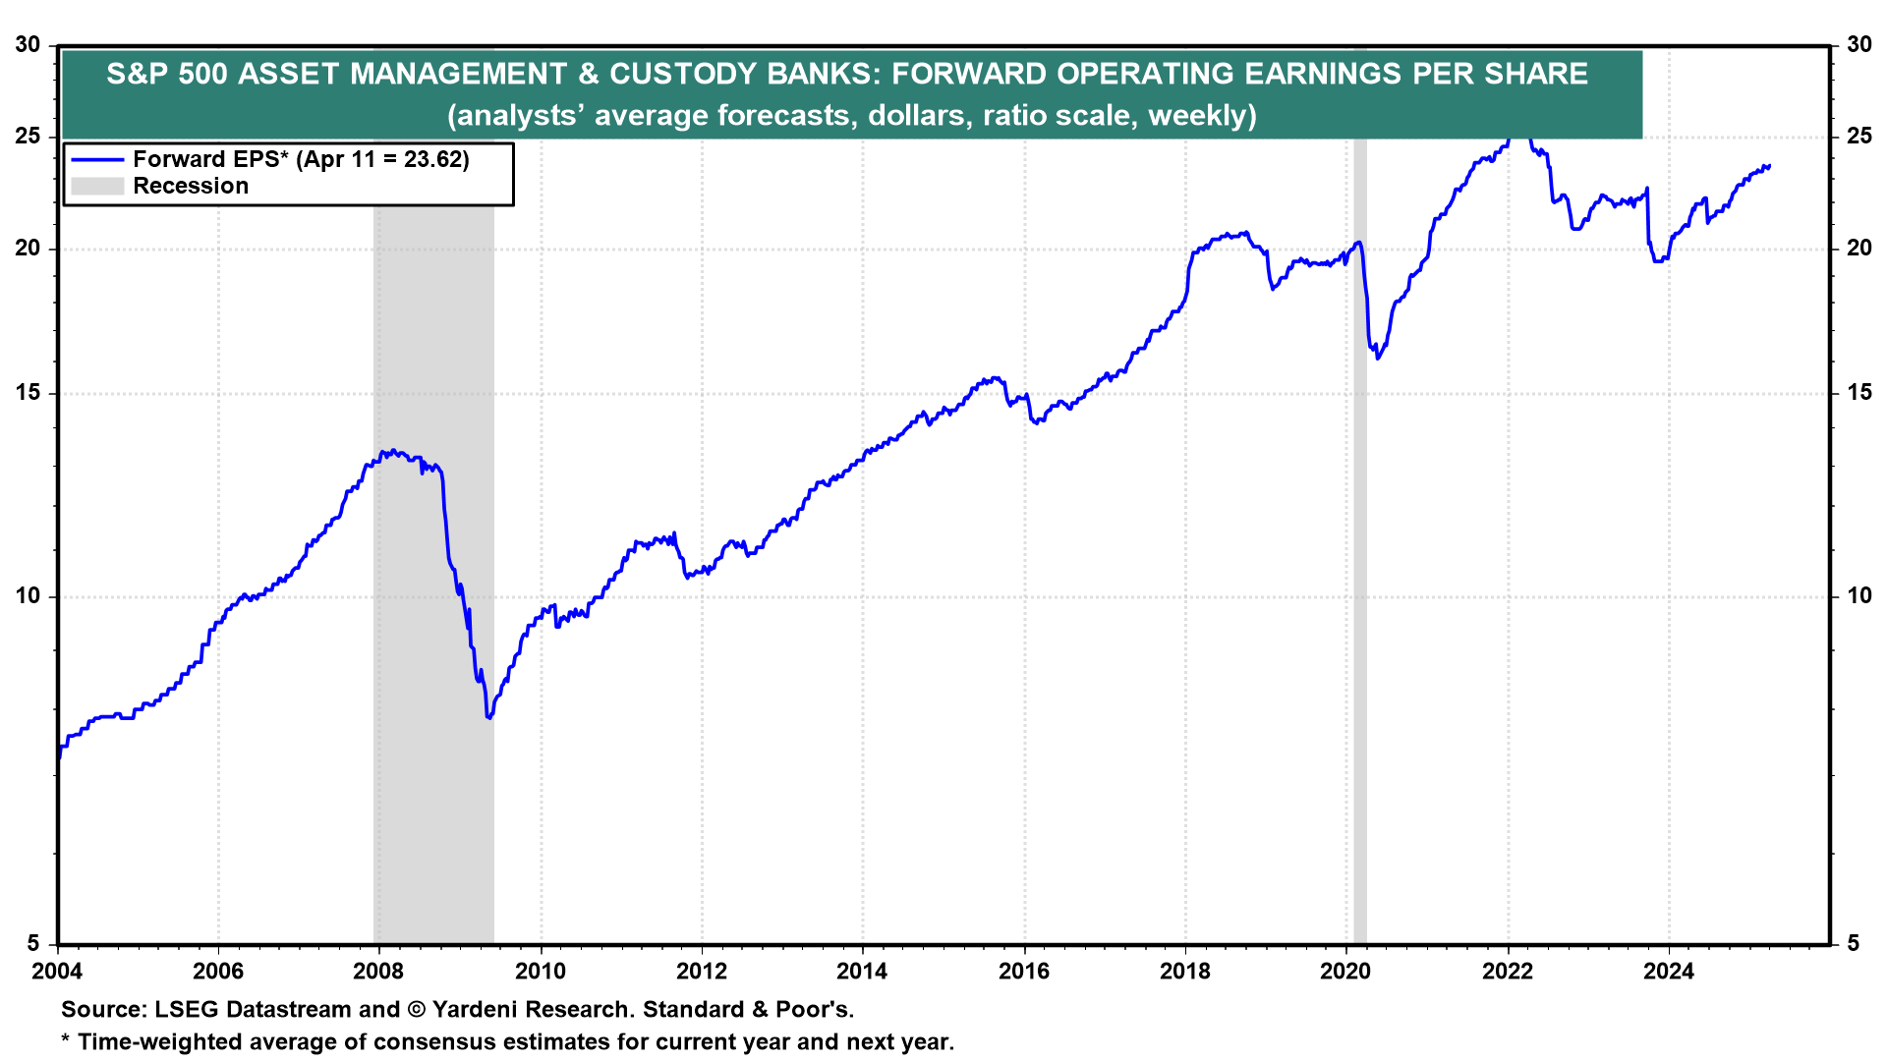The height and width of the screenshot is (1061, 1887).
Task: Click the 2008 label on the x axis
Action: coord(378,972)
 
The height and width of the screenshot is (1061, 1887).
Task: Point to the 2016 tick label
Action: coord(1024,972)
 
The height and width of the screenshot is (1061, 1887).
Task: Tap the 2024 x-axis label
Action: coord(1669,972)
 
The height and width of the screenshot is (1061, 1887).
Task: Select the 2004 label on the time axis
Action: coord(57,972)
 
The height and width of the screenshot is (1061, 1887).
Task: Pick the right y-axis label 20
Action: coord(1858,249)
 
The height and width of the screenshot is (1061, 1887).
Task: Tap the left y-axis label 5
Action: coord(33,943)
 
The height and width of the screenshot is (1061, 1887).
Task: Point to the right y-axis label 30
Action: coord(1858,44)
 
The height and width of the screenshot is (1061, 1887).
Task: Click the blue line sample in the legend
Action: coord(97,160)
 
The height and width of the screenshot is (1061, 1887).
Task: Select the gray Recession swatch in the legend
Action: coord(97,187)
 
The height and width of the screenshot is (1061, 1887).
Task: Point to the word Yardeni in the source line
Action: coord(476,1010)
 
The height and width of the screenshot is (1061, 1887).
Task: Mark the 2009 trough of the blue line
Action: coord(488,717)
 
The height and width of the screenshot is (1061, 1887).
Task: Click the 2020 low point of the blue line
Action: coord(1378,358)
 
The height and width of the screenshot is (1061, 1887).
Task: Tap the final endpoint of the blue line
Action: coord(1769,166)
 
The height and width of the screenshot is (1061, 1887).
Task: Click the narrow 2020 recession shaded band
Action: coord(1360,589)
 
